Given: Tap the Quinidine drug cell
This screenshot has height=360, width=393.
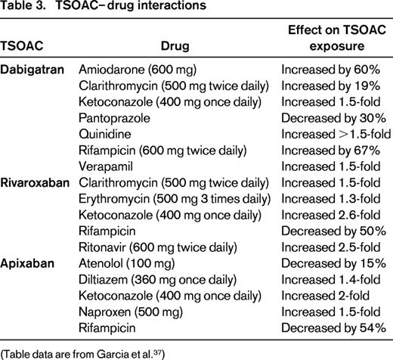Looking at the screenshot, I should click(104, 136).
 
